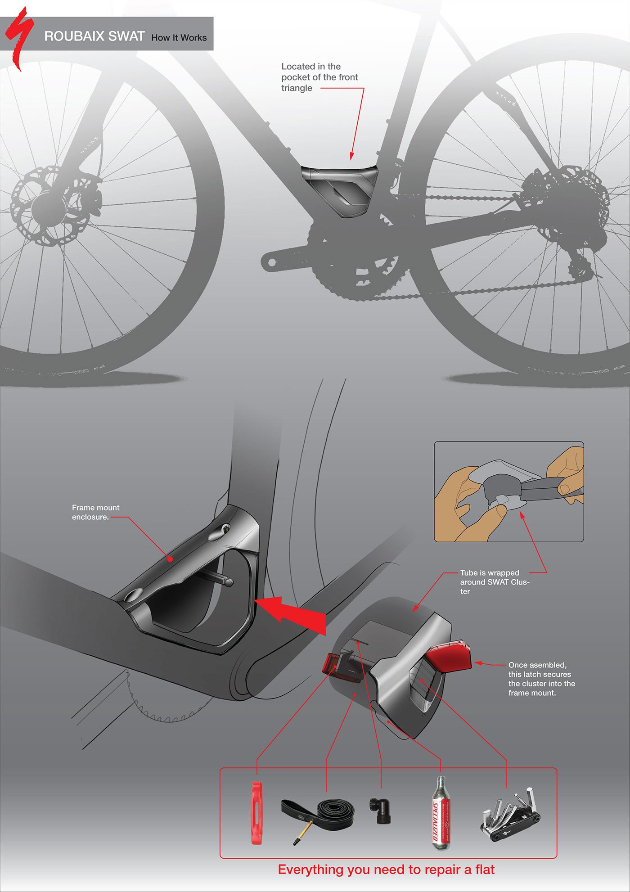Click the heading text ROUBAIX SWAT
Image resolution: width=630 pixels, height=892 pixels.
pyautogui.click(x=94, y=36)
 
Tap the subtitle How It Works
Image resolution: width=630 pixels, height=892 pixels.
pyautogui.click(x=179, y=38)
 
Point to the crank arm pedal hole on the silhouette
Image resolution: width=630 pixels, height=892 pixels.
pyautogui.click(x=271, y=262)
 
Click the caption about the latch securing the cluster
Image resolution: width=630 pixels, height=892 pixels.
pyautogui.click(x=541, y=679)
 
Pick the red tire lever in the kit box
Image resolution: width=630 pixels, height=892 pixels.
pyautogui.click(x=256, y=813)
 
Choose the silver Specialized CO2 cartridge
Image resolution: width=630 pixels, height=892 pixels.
pyautogui.click(x=441, y=814)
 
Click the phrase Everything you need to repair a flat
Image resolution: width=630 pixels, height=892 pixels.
pyautogui.click(x=386, y=869)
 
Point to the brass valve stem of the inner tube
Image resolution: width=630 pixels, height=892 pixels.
pyautogui.click(x=302, y=831)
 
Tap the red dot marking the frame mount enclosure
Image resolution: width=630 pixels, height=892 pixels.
pyautogui.click(x=170, y=559)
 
